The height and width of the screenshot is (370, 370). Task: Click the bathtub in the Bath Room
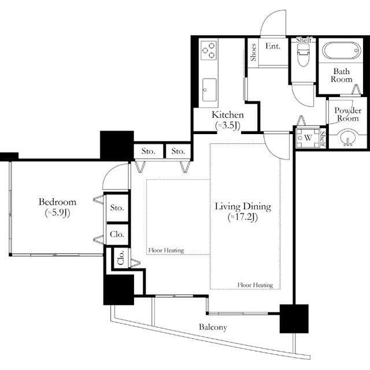pos(342,50)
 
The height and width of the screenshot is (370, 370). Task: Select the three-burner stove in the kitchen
pos(209,50)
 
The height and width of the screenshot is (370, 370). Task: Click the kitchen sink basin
pos(209,90)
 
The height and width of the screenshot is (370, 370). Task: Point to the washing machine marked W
pos(308,138)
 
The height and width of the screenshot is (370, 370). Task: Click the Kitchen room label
pos(227,115)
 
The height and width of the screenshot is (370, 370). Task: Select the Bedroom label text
pos(57,202)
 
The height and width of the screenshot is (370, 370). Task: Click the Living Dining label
pos(243,206)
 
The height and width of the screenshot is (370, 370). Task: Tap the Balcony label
pos(213,327)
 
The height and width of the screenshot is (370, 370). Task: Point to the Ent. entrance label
pos(273,46)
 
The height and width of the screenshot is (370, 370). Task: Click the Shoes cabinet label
pos(253,53)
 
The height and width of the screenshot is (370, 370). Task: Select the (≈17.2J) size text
pos(243,217)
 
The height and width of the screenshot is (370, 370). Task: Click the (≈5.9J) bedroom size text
pos(57,213)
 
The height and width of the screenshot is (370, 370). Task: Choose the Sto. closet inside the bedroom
pos(117,208)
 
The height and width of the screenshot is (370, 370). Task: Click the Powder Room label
pos(348,114)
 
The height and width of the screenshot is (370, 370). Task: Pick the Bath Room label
pos(342,75)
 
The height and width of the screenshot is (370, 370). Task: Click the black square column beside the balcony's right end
pos(294,319)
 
